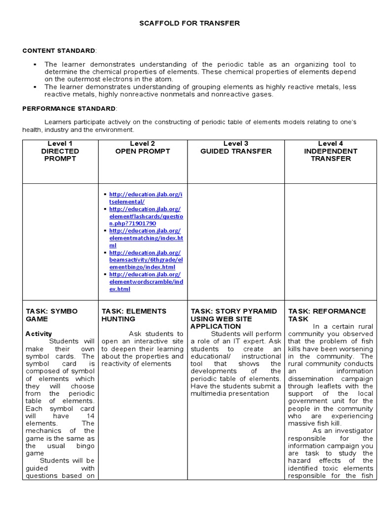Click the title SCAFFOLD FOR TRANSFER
coord(189,23)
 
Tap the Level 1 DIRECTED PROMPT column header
coord(60,151)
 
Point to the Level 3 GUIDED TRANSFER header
coord(236,147)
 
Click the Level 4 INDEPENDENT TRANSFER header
coord(331,151)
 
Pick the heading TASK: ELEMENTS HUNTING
coord(134,315)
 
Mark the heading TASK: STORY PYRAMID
coord(234,311)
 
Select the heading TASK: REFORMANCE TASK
coord(327,315)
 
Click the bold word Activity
coord(38,334)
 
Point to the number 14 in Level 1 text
coord(90,416)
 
